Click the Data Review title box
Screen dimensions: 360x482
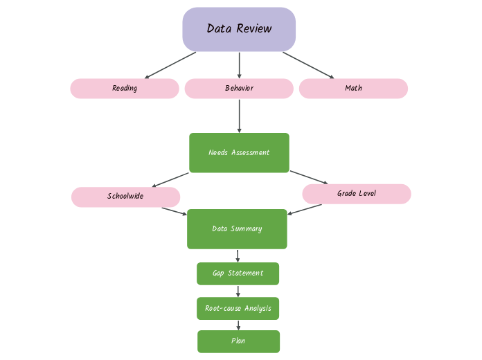coord(239,29)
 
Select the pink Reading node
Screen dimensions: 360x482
coord(125,89)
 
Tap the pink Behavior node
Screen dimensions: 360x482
coord(239,89)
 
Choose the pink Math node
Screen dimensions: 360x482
coord(353,89)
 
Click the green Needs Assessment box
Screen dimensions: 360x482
coord(239,152)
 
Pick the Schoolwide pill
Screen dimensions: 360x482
coord(125,197)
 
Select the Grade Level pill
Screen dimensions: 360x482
coord(357,194)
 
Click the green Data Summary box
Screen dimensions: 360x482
coord(237,228)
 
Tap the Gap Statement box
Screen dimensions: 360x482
coord(238,273)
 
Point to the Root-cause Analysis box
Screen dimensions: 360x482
coord(238,308)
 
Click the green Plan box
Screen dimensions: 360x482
coord(238,341)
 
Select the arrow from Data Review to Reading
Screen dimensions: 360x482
coord(170,65)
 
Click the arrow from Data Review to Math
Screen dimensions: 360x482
coord(308,65)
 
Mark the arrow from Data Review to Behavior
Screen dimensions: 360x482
coord(240,65)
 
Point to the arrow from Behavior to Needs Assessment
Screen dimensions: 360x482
coord(240,116)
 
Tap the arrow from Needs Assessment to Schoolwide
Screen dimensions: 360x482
coord(170,180)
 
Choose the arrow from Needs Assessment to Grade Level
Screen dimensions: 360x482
coord(309,177)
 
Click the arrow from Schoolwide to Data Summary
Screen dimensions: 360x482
coord(175,211)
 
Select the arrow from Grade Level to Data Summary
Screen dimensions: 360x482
coord(305,209)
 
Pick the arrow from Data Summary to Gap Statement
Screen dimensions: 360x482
coord(238,255)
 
